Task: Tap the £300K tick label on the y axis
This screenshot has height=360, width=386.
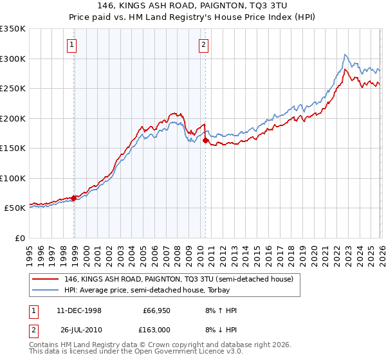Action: click(x=13, y=59)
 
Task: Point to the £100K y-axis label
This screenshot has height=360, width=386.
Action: click(x=13, y=178)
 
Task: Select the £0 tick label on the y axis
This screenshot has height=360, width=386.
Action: click(x=19, y=238)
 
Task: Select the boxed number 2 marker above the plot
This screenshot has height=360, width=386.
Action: click(x=203, y=45)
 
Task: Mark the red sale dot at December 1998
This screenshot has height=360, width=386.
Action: click(x=74, y=198)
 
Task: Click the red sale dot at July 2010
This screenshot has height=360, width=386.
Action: click(x=205, y=140)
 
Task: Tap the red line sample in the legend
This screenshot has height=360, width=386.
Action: click(x=46, y=279)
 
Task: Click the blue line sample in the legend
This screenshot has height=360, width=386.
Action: click(x=46, y=290)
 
